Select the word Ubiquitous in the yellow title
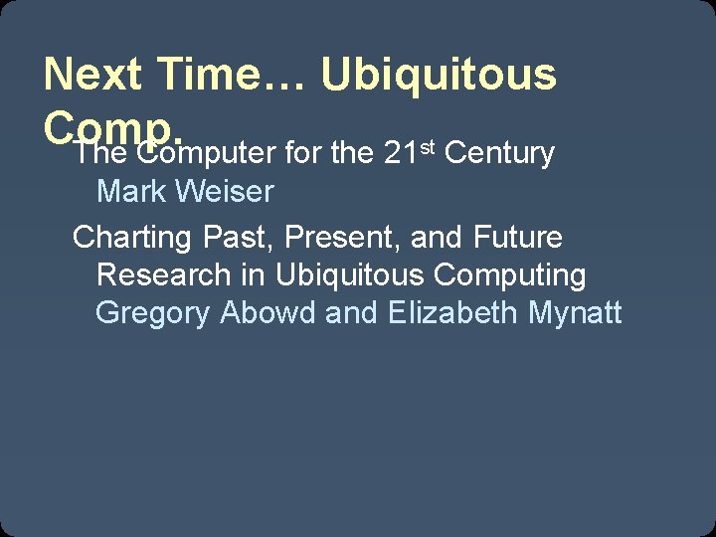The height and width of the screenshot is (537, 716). point(439,75)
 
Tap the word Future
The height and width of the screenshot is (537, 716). point(518,238)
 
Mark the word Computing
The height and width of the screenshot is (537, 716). point(515,275)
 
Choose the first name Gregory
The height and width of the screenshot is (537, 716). point(153,313)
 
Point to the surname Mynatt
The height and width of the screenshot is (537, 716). point(576,313)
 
